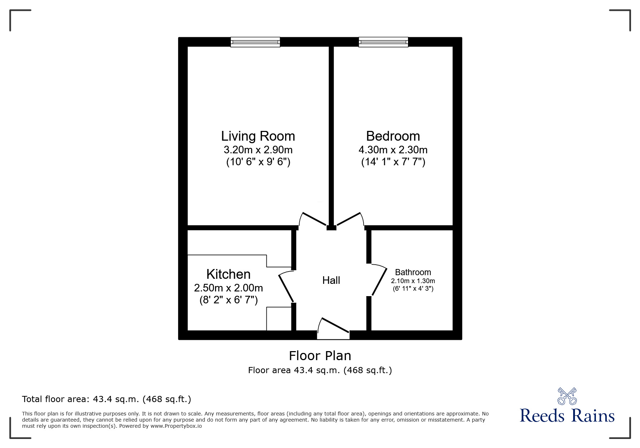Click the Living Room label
(258, 136)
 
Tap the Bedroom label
(393, 136)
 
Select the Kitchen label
(228, 274)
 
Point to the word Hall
(331, 280)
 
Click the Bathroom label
(413, 272)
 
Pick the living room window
(255, 42)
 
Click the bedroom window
(383, 42)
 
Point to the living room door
(313, 219)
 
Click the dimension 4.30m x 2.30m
(393, 150)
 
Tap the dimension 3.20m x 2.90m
(258, 150)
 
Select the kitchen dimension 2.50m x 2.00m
(228, 288)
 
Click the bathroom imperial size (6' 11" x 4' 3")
(413, 289)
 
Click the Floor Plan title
(320, 356)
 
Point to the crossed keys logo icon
(567, 396)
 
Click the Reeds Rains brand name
(567, 416)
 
